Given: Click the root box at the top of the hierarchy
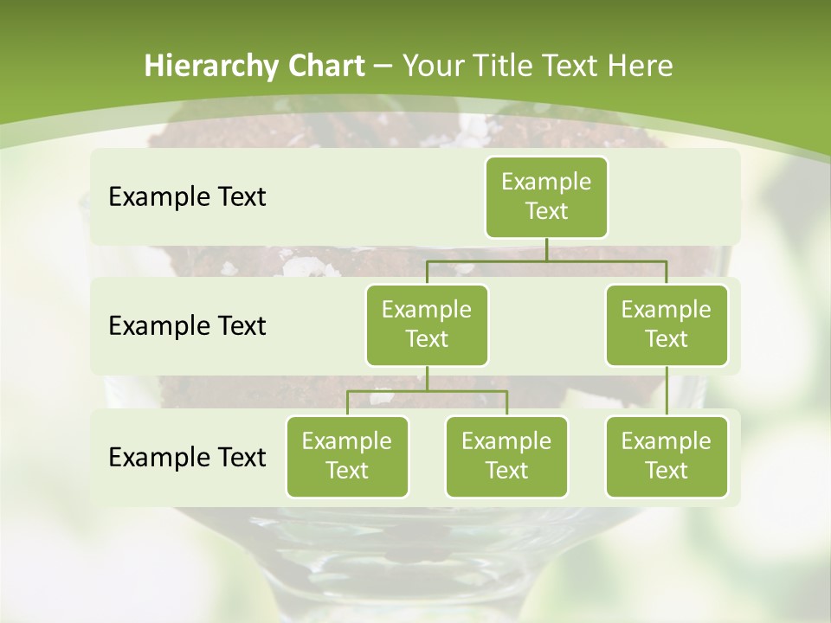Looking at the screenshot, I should pyautogui.click(x=546, y=197).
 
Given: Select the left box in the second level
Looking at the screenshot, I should pyautogui.click(x=427, y=324).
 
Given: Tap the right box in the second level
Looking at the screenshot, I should pyautogui.click(x=667, y=324).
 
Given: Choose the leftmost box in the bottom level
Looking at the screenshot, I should pyautogui.click(x=347, y=456).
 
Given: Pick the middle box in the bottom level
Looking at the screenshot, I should pyautogui.click(x=506, y=456).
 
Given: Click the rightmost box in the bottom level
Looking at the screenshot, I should pyautogui.click(x=667, y=456).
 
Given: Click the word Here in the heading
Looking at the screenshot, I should pyautogui.click(x=641, y=66).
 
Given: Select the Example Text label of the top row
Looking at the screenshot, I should pyautogui.click(x=187, y=197).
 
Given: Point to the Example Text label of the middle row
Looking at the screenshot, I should pyautogui.click(x=187, y=326).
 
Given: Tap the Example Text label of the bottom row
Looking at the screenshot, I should pyautogui.click(x=187, y=457).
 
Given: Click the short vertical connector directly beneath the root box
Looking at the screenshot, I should pyautogui.click(x=546, y=249).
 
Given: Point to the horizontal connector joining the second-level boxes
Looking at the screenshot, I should pyautogui.click(x=546, y=260).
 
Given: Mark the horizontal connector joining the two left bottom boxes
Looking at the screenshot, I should pyautogui.click(x=427, y=391).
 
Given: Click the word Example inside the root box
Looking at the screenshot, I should pyautogui.click(x=546, y=183).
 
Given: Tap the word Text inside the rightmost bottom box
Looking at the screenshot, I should pyautogui.click(x=667, y=471).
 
